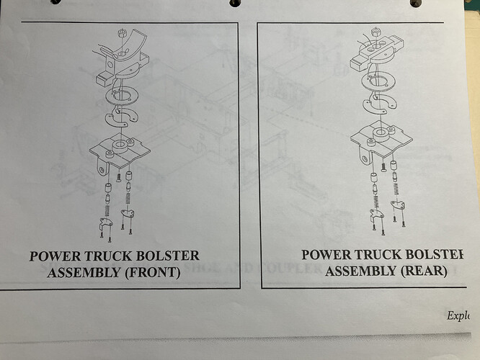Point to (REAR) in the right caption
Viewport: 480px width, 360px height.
point(422,271)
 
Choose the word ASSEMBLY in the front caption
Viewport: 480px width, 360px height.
point(81,271)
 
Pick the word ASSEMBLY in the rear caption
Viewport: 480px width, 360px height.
point(359,271)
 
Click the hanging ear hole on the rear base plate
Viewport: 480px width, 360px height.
point(365,153)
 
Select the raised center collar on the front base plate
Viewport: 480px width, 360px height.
point(123,142)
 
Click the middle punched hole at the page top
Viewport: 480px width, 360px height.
point(235,3)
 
